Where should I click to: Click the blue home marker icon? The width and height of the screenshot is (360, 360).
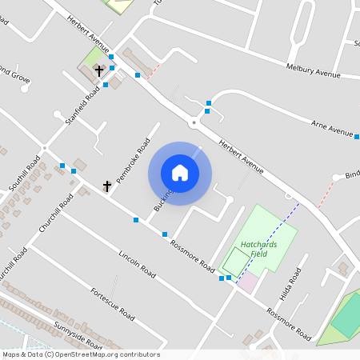[x=180, y=173]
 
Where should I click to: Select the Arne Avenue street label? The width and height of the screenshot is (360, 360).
[x=332, y=128]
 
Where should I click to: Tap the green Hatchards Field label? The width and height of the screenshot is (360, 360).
[x=254, y=249]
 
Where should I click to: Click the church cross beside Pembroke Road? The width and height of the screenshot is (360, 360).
[x=107, y=186]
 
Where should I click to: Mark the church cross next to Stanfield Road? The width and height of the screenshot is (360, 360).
[x=99, y=70]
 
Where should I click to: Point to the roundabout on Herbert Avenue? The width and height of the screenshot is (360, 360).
[x=193, y=122]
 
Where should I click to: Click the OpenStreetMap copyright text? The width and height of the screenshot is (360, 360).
[x=81, y=354]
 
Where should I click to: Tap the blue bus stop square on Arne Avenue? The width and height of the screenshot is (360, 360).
[x=357, y=137]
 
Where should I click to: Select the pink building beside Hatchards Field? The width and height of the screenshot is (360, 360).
[x=249, y=282]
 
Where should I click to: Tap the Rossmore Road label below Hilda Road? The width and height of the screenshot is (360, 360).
[x=288, y=323]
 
